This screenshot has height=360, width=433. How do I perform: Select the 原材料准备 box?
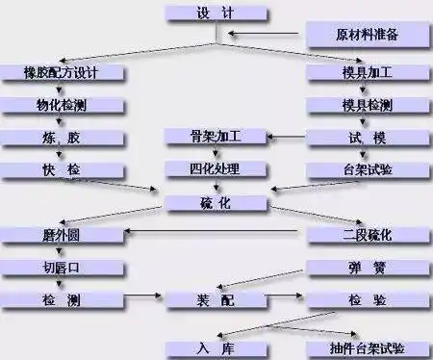coord(367,36)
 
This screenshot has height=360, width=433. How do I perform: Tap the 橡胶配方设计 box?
coord(61,73)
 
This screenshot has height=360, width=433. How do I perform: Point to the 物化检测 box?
coord(61,105)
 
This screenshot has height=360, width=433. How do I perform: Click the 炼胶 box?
coord(61,138)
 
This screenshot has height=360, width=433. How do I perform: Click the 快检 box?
coord(61,170)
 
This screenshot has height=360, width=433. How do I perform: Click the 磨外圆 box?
coord(61,235)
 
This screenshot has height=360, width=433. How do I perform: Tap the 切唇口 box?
coord(61,268)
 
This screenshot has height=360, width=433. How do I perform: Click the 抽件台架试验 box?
coord(367,347)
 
